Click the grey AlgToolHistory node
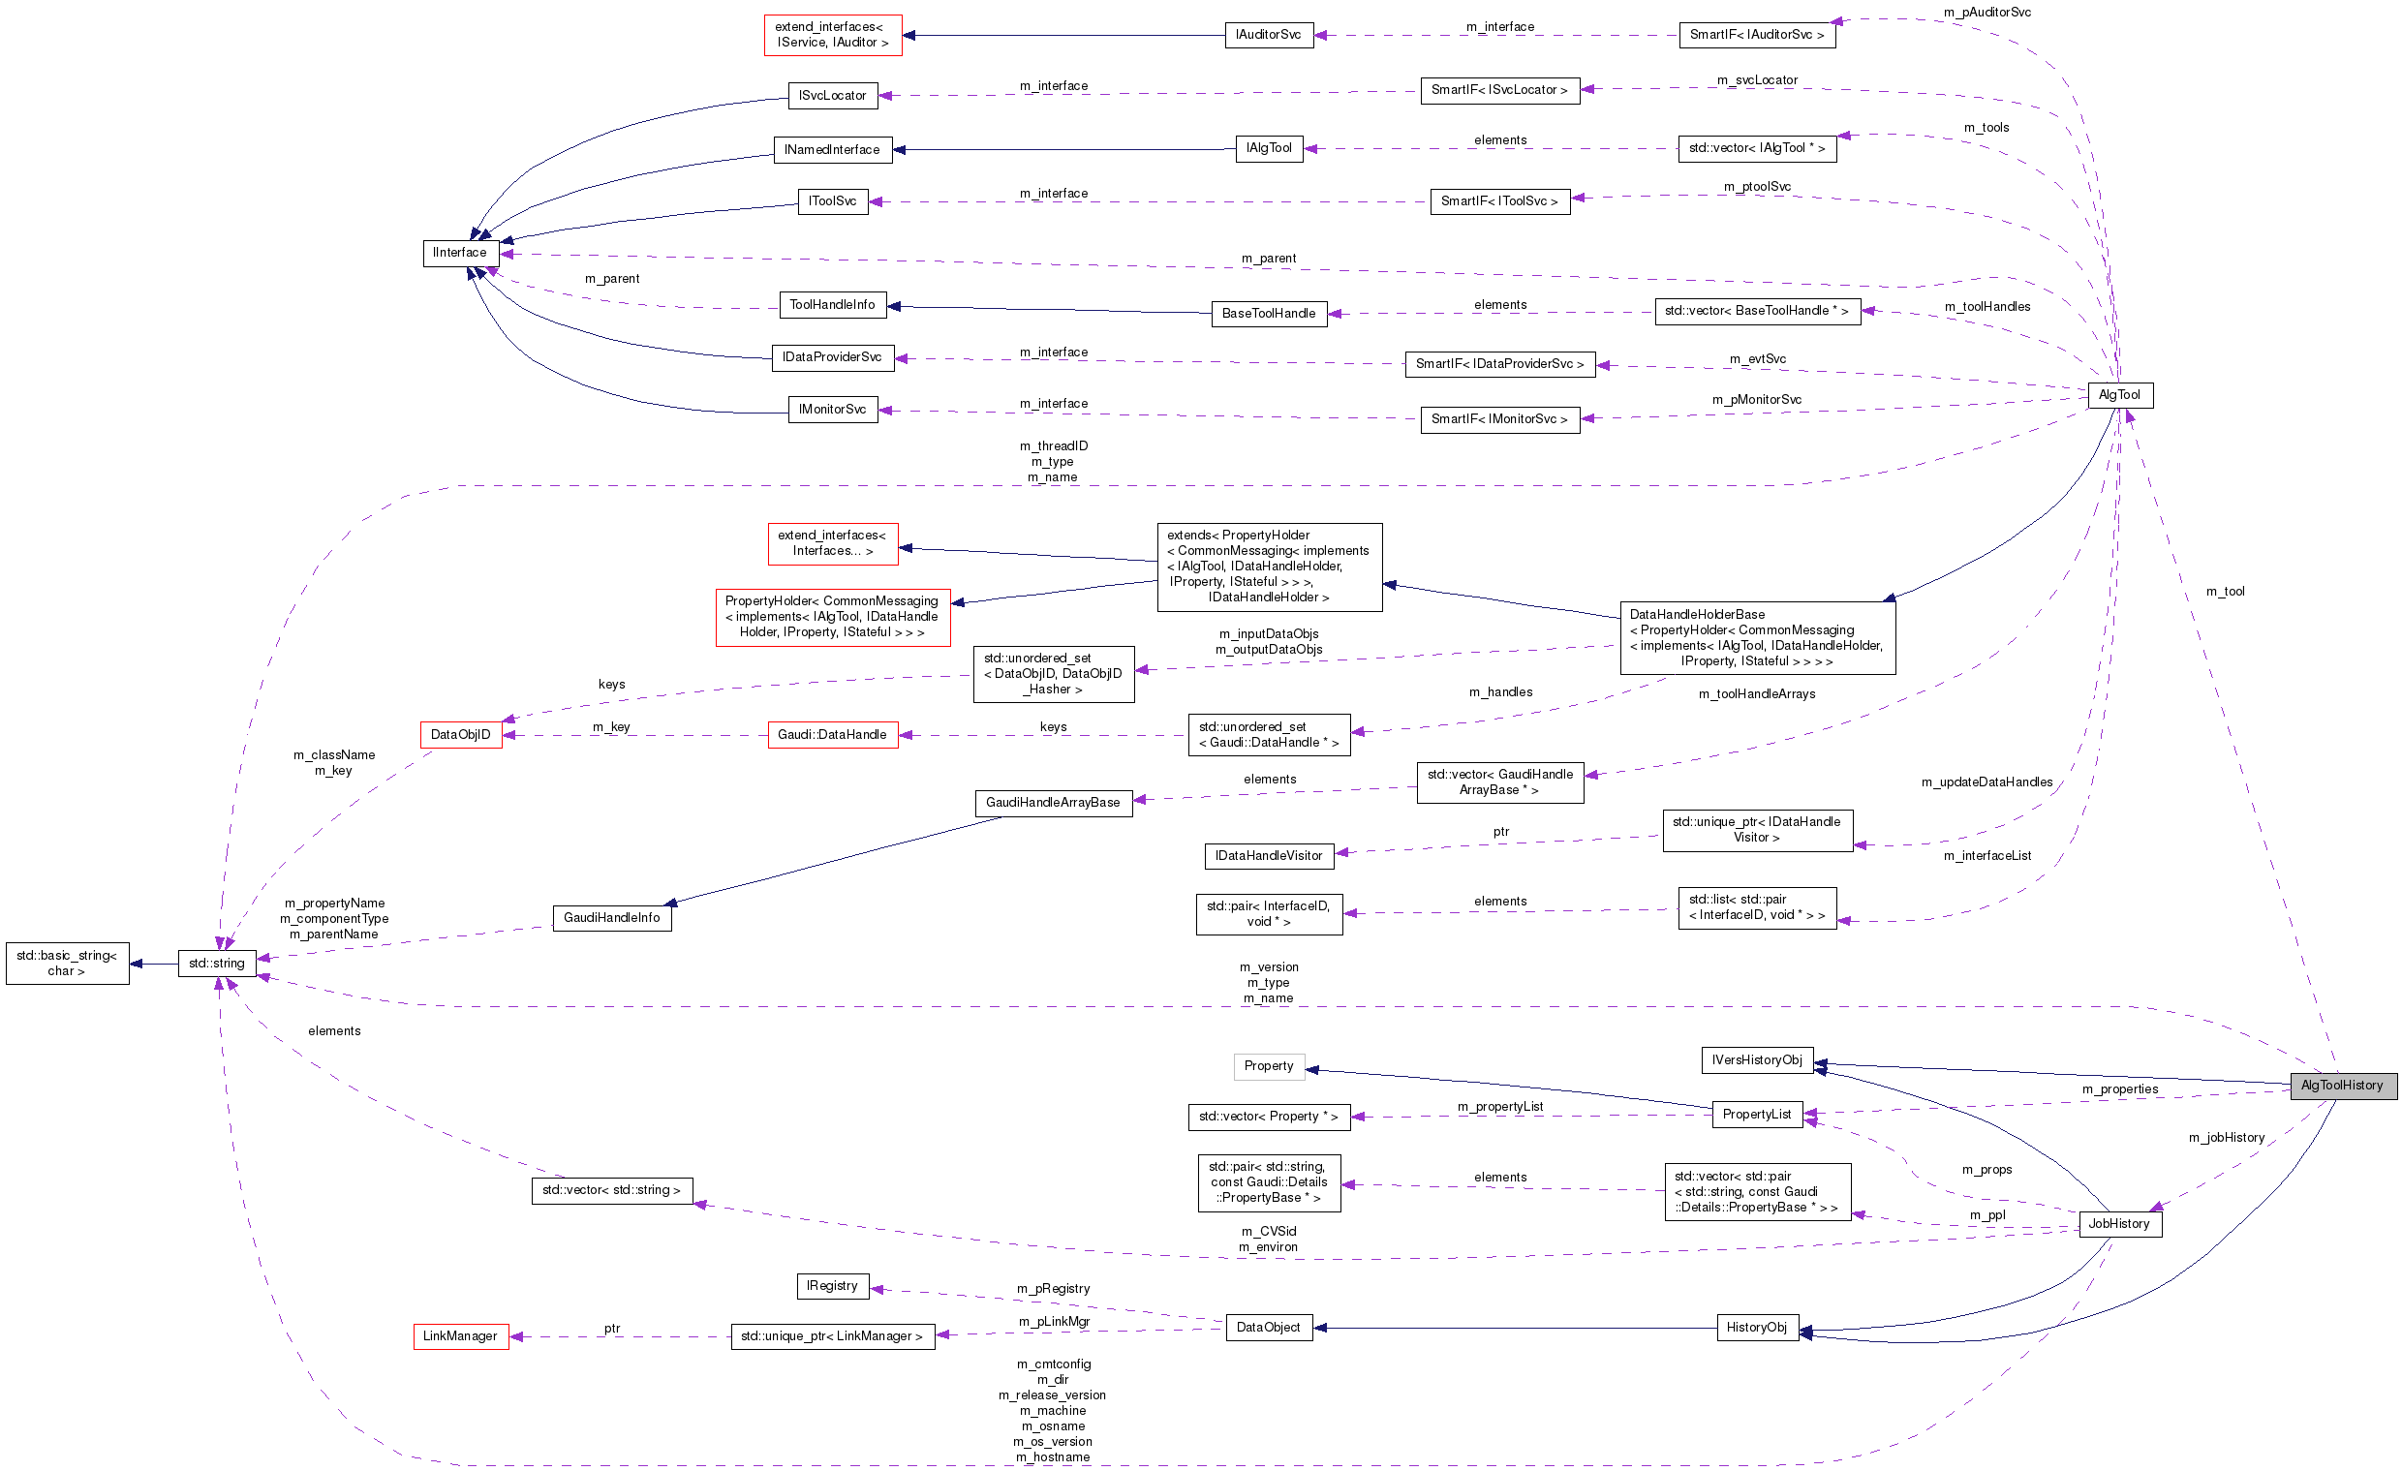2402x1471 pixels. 2342,1085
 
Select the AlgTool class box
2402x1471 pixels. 2119,395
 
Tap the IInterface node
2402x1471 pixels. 460,253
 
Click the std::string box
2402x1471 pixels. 216,964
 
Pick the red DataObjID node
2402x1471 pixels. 460,734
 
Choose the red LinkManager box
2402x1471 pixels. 460,1335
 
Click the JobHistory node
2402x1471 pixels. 2119,1223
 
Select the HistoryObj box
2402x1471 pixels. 1757,1327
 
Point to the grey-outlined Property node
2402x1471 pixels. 1268,1065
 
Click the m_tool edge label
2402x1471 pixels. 2226,592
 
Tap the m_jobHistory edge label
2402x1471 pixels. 2227,1138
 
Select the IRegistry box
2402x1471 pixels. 832,1286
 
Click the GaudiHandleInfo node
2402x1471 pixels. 611,917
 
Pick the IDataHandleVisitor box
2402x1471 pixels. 1268,856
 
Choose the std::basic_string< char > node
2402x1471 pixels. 66,964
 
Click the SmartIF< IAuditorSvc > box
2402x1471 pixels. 1757,35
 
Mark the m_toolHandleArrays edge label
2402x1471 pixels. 1757,694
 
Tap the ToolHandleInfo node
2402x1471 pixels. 832,305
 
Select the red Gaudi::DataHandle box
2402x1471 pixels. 832,734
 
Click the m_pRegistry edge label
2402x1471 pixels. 1053,1289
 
